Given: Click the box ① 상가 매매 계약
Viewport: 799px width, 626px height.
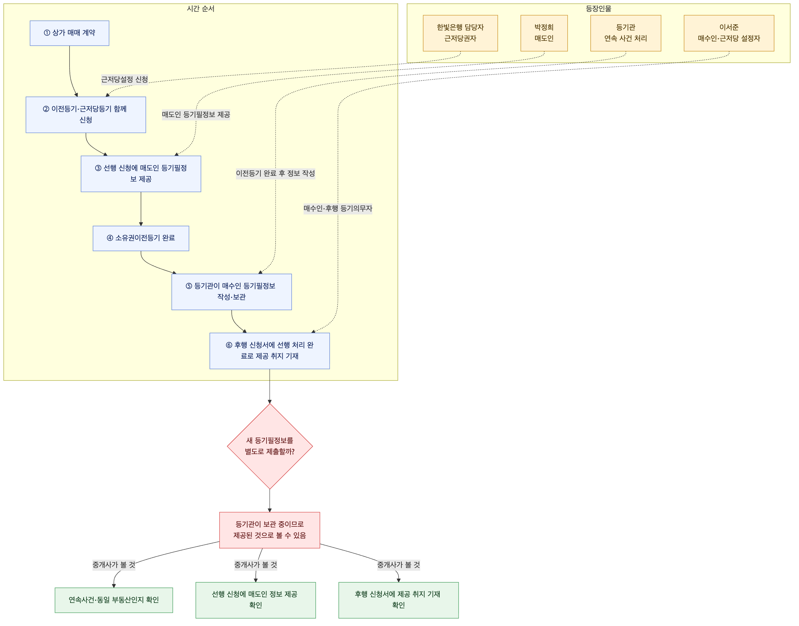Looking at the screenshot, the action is click(x=70, y=33).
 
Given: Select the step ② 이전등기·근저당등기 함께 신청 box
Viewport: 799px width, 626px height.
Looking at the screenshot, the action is click(x=86, y=115).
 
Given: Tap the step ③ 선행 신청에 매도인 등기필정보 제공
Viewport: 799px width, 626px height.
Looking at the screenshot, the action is click(x=141, y=174).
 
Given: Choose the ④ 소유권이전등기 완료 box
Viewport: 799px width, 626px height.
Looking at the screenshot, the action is click(x=141, y=238).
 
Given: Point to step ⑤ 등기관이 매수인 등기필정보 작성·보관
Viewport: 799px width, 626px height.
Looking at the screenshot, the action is click(x=232, y=292).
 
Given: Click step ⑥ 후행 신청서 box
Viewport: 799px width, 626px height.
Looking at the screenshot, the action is click(x=270, y=351).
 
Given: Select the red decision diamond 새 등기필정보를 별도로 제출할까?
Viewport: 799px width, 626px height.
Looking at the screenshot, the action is click(x=270, y=446).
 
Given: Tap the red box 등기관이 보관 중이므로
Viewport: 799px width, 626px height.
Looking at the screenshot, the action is click(x=270, y=530).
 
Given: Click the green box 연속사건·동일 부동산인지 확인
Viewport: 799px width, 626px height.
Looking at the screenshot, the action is click(x=114, y=600).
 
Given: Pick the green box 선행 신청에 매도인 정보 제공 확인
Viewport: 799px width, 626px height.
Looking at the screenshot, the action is click(x=256, y=600).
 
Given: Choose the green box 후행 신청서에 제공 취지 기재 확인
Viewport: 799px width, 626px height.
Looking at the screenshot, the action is click(x=399, y=600).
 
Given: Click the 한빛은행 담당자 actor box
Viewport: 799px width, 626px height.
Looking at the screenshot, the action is click(x=460, y=33).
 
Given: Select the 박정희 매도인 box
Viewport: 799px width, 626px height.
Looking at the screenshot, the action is click(x=544, y=33).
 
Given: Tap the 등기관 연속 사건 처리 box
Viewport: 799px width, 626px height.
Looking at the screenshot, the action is click(x=626, y=33).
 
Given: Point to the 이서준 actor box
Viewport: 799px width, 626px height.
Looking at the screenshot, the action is click(x=729, y=33).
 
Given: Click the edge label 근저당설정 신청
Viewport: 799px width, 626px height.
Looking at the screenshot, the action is click(x=125, y=80).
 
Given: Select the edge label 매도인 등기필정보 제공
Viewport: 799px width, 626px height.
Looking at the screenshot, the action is click(x=196, y=115).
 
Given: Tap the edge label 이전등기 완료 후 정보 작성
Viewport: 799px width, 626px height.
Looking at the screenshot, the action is click(x=276, y=173).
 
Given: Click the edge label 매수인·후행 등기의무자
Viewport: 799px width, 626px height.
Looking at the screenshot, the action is click(x=338, y=209).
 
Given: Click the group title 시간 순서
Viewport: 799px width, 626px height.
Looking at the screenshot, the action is click(x=201, y=9).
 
